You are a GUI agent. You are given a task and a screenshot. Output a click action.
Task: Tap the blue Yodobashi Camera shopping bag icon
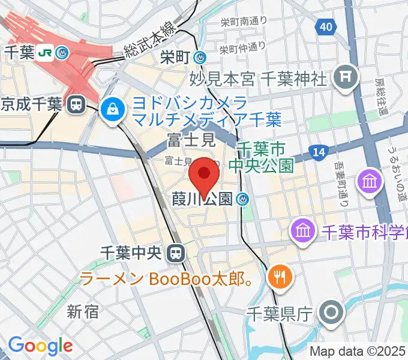tap(112, 109)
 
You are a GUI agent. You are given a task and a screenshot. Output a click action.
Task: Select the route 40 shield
tap(325, 26)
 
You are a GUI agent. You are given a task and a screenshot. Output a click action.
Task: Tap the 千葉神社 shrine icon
tap(346, 76)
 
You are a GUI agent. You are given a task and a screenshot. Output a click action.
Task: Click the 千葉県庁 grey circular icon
tap(331, 313)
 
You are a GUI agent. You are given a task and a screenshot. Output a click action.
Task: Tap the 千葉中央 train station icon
tap(175, 253)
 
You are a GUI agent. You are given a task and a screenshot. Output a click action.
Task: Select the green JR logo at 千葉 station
tap(44, 53)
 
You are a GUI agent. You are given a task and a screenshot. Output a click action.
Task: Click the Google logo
tap(40, 346)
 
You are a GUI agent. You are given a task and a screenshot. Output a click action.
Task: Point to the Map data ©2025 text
tap(357, 350)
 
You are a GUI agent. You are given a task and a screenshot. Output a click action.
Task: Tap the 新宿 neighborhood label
tap(83, 311)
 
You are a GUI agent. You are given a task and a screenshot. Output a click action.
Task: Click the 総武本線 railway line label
tap(149, 41)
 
